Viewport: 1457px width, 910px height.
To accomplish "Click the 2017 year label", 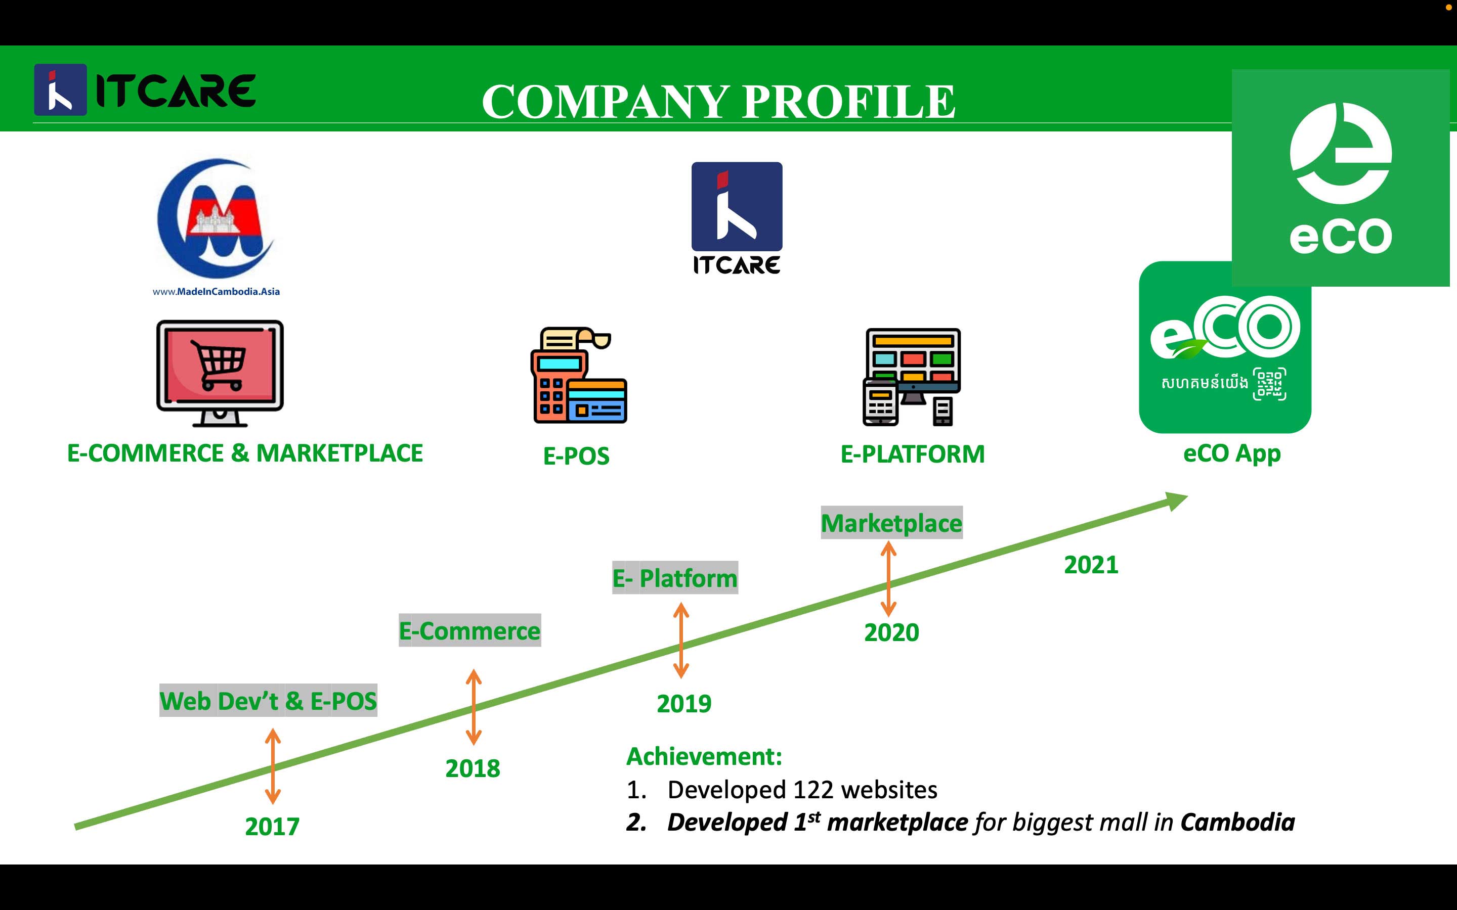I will point(272,827).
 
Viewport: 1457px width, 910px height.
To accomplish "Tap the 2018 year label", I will point(473,768).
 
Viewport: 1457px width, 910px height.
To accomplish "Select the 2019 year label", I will point(684,704).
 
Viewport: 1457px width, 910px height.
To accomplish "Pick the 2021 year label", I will point(1091,565).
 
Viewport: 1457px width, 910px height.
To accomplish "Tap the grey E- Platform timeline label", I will point(675,578).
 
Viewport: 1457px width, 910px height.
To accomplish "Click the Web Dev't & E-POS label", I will point(268,701).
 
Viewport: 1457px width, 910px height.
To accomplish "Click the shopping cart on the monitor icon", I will point(219,364).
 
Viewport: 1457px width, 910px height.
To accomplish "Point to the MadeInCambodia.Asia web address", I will point(216,292).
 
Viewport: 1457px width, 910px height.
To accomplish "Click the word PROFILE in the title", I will point(848,101).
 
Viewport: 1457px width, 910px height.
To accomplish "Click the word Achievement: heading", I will point(704,756).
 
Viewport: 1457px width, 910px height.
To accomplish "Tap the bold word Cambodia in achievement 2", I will point(1237,822).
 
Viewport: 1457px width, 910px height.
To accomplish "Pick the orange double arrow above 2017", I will point(273,766).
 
